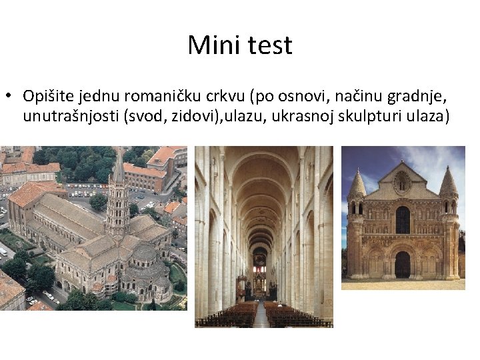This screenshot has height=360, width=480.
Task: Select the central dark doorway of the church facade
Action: pos(402,265)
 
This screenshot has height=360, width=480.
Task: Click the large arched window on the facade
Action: pos(403,219)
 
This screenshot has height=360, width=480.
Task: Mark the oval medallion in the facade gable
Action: pos(403,181)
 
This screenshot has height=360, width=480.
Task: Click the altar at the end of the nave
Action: pos(259,287)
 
